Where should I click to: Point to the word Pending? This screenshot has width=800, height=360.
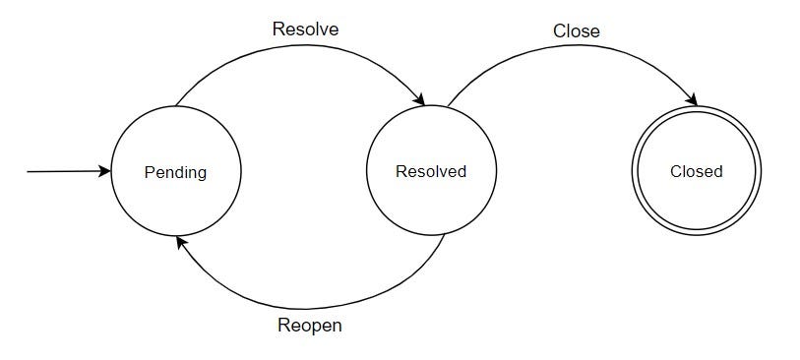click(x=175, y=172)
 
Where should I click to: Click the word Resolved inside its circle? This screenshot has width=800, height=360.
click(x=431, y=172)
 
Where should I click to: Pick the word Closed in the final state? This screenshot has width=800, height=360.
click(x=697, y=172)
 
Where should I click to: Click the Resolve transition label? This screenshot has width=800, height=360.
click(x=305, y=30)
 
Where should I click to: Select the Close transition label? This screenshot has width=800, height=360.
click(x=577, y=31)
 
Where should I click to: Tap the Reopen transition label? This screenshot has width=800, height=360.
click(x=309, y=326)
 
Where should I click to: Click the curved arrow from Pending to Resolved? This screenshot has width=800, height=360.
click(x=295, y=46)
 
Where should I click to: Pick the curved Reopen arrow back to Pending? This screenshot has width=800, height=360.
click(x=305, y=307)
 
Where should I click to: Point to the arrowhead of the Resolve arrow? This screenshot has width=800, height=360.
click(x=419, y=99)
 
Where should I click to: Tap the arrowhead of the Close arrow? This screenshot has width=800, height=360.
click(x=692, y=100)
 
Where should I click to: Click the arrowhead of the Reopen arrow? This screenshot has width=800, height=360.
click(x=180, y=240)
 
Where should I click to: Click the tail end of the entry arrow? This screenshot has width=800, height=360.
click(x=29, y=172)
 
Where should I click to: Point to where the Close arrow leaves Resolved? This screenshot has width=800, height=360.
click(x=447, y=106)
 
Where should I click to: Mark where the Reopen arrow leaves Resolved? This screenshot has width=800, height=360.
click(x=444, y=235)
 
